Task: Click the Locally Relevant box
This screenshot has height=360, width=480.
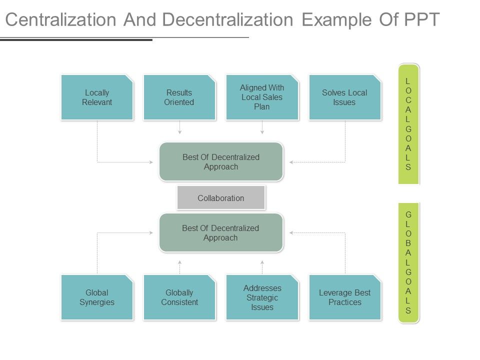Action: click(x=97, y=97)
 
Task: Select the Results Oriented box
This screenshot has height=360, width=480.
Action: click(x=179, y=97)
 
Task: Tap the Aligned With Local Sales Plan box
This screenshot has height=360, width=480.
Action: click(x=262, y=97)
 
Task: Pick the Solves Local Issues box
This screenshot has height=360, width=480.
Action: click(x=344, y=97)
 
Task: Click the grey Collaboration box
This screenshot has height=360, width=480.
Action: click(x=220, y=198)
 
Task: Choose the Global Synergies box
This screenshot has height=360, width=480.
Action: click(x=97, y=297)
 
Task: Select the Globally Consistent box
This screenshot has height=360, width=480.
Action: click(x=179, y=297)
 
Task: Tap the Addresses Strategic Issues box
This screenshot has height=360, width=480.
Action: click(x=262, y=297)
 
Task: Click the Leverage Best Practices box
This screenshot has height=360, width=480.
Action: click(x=344, y=297)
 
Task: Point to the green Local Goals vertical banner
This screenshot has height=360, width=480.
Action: click(x=408, y=124)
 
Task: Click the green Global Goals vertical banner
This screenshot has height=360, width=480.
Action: click(x=408, y=262)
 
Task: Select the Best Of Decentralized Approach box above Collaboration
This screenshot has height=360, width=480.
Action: click(x=221, y=161)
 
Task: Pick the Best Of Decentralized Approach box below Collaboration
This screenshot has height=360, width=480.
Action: click(x=221, y=232)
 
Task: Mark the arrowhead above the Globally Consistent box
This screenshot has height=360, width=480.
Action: click(x=179, y=261)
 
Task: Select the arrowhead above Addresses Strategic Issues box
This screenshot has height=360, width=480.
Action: click(x=262, y=261)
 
